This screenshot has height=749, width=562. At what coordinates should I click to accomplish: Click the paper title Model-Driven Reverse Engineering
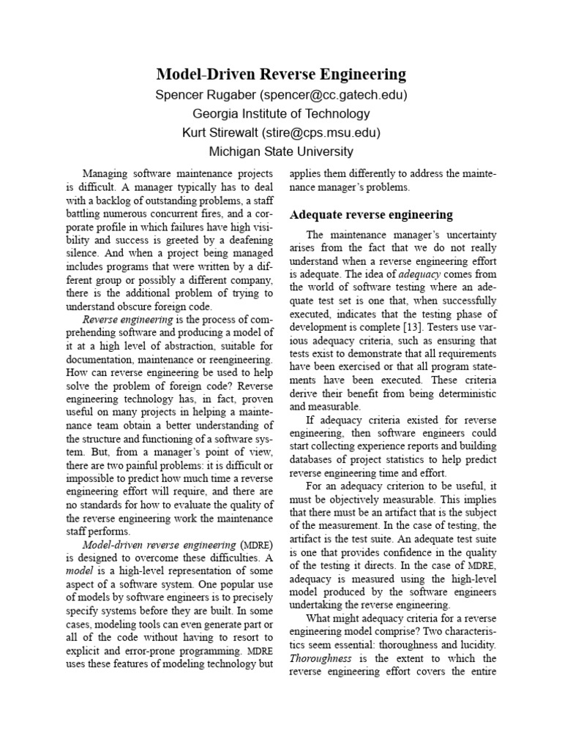(281, 75)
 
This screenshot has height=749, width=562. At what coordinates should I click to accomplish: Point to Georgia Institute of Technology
(281, 114)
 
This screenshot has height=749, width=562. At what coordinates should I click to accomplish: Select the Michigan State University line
(281, 152)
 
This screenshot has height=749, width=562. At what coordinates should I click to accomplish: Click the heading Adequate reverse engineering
(372, 215)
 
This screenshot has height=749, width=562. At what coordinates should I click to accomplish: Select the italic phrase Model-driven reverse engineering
(160, 546)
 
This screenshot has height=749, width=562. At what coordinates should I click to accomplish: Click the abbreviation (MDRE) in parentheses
(257, 546)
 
